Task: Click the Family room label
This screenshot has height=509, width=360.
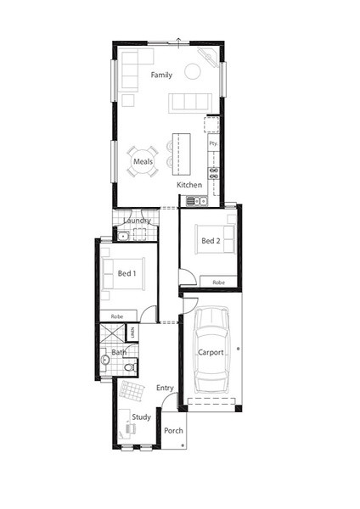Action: pos(161,75)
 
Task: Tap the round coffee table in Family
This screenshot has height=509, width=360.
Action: pos(193,71)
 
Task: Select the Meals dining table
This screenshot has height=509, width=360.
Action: pos(143,161)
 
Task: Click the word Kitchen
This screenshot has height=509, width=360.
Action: pos(189,185)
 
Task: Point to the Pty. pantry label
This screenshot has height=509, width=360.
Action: pos(213,143)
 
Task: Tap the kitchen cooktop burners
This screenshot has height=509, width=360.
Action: pos(213,173)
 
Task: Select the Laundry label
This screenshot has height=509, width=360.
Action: pos(137,221)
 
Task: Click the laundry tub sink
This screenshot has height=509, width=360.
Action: pos(123,236)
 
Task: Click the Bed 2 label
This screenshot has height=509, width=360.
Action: pos(211,241)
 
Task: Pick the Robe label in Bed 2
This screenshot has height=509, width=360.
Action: pos(219,282)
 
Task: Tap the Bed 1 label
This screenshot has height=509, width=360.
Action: pos(127,273)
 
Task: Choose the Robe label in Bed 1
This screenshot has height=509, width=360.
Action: pos(117,316)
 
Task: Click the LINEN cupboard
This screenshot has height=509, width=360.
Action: pos(132,333)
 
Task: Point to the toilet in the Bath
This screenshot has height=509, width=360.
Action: pos(130,367)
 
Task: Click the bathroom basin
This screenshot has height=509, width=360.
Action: pos(104,360)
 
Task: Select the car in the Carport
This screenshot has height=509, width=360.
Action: pos(211,350)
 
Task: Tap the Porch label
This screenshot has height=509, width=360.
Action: pos(173,431)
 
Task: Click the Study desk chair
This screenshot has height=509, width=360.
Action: pos(130,428)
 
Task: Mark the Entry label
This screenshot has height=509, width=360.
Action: pos(165,388)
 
